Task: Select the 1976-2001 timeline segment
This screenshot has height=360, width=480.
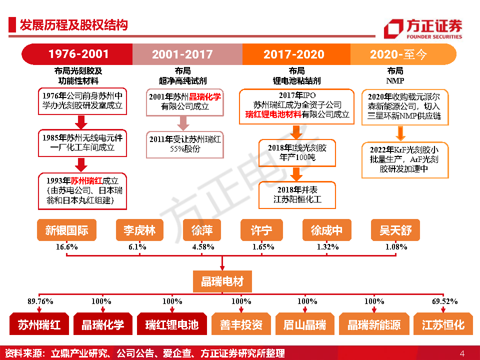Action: coord(77,54)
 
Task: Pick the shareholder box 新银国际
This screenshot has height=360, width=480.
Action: coord(66,230)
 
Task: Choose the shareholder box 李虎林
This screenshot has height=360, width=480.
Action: coord(139,230)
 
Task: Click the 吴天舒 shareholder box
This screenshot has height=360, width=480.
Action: coord(395,230)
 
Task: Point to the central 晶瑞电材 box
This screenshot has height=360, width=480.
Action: coord(222,281)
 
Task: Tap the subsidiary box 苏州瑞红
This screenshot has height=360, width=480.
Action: coord(39,324)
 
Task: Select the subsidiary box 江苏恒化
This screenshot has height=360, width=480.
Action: coord(443,324)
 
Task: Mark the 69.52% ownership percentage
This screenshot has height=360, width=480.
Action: coord(444,301)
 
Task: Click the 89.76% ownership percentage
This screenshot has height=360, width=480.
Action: coord(40,301)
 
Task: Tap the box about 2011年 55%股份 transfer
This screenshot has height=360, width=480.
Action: coord(185,144)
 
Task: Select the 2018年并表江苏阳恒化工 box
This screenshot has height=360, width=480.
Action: coord(297,195)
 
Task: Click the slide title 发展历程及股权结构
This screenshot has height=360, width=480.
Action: coord(74,25)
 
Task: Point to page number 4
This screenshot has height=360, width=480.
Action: coord(462,353)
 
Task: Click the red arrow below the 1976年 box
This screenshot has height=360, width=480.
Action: coord(81,122)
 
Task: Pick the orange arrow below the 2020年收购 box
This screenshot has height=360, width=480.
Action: coord(400,133)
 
